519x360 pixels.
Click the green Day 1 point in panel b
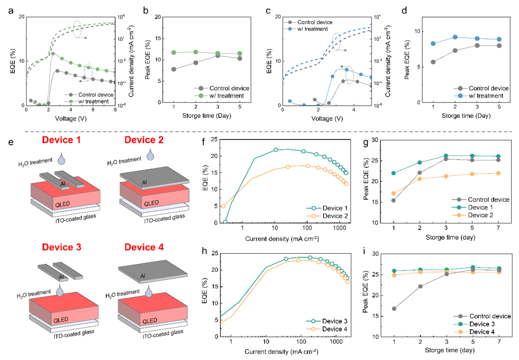point(173,52)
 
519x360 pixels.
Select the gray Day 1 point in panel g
point(394,200)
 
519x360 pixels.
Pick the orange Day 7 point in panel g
point(497,173)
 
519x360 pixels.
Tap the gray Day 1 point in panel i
point(394,309)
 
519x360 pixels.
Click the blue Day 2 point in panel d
point(455,37)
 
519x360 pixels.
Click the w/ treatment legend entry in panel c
point(312,29)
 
